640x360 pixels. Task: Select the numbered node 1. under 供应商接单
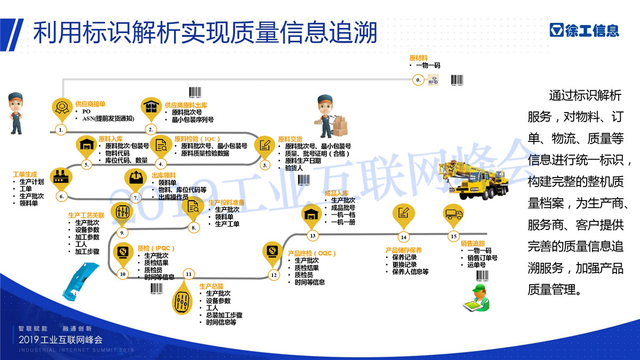click(x=61, y=130)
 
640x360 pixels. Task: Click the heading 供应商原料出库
click(x=186, y=106)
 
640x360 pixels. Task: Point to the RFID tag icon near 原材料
click(x=434, y=81)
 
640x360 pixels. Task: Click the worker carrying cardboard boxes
click(x=329, y=116)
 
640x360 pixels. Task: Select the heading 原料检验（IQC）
click(x=197, y=139)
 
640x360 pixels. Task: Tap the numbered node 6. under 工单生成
click(x=61, y=197)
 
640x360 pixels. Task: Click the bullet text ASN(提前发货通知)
click(x=108, y=119)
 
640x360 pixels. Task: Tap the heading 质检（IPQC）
click(x=156, y=249)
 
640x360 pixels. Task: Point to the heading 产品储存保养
click(x=404, y=250)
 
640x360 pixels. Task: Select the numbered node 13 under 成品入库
click(x=313, y=235)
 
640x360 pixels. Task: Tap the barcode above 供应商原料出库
click(x=196, y=92)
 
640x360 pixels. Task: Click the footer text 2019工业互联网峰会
click(x=60, y=339)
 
